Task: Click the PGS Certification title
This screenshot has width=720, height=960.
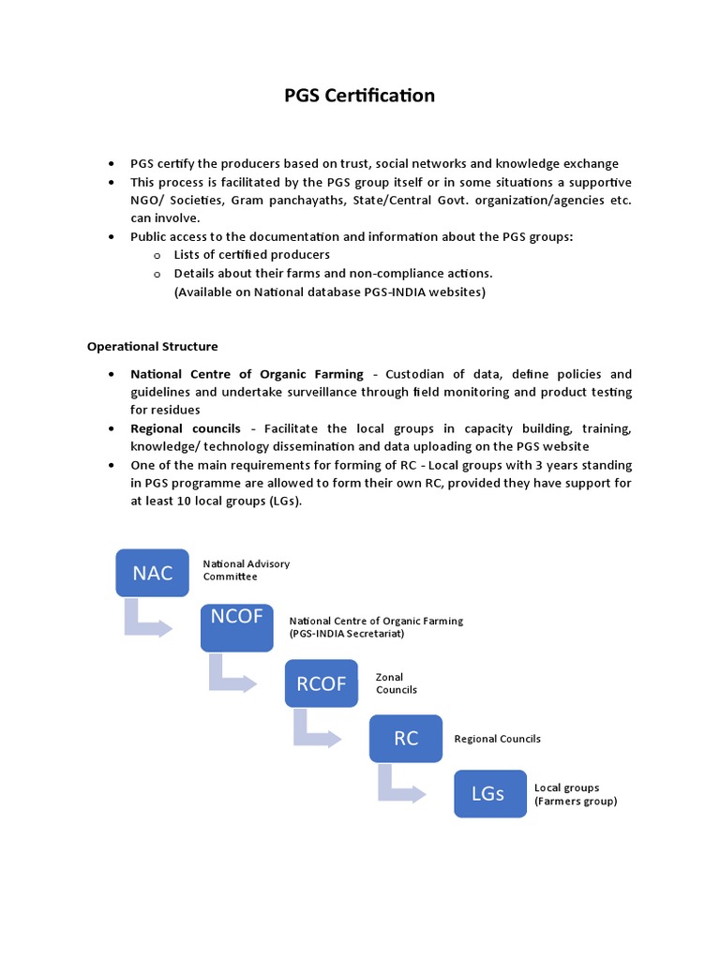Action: pos(360,96)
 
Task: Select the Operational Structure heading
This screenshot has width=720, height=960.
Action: pos(153,346)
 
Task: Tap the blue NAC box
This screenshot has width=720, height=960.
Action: pos(153,573)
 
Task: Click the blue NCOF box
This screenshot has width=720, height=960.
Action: pos(237,627)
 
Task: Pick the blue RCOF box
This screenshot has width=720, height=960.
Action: pos(322,683)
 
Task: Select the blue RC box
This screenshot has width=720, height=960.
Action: pos(406,738)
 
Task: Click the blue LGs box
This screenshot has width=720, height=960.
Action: pos(488,793)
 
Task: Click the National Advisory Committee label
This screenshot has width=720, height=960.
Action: pos(246,570)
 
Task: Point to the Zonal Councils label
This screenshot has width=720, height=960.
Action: pos(396,682)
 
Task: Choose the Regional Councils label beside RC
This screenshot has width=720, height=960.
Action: pos(497,739)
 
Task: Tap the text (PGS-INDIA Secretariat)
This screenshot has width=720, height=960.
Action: pos(346,634)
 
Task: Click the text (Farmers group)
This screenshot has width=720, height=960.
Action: pos(576,801)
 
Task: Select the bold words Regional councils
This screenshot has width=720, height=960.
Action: pos(186,428)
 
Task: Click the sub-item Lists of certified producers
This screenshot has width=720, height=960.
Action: pos(251,254)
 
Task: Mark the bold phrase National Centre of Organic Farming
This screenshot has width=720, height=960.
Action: pos(247,374)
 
